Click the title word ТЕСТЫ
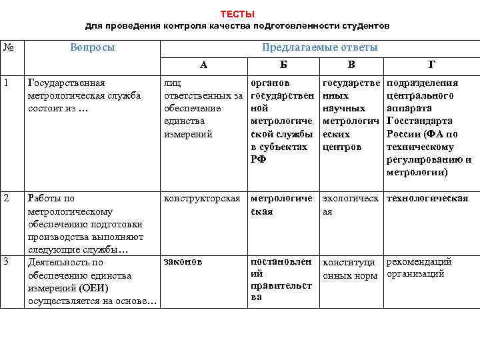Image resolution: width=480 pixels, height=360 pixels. point(237,14)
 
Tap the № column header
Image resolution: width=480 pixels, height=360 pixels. point(9,47)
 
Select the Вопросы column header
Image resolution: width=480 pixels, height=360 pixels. point(92,47)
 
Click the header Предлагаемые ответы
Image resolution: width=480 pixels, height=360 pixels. point(319,47)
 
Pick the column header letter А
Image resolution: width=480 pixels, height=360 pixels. point(203,65)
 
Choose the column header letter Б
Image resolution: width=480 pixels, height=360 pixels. point(283,65)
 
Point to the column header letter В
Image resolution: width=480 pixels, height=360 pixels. point(351,65)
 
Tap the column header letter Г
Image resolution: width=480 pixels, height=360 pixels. point(431,65)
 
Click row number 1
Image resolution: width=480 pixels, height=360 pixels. point(5,83)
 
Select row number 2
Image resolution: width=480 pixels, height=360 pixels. point(5,199)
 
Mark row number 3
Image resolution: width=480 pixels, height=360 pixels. point(5,261)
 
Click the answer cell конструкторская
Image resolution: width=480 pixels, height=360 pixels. point(202,199)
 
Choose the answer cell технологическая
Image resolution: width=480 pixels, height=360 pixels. point(427,199)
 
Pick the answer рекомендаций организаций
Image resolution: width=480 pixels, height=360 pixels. point(419,267)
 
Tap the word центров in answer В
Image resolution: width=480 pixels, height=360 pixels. point(341,147)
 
